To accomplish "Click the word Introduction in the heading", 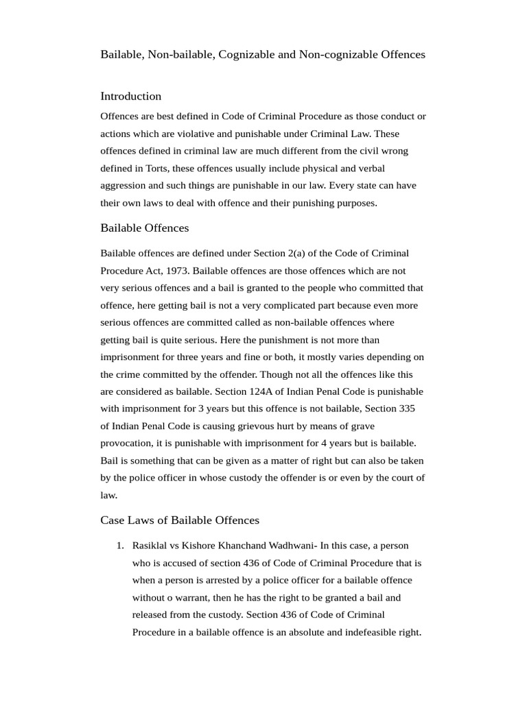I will point(130,96).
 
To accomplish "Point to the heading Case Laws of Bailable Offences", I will point(180,520).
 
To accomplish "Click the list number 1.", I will point(119,546).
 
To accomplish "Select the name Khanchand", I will point(236,546).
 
